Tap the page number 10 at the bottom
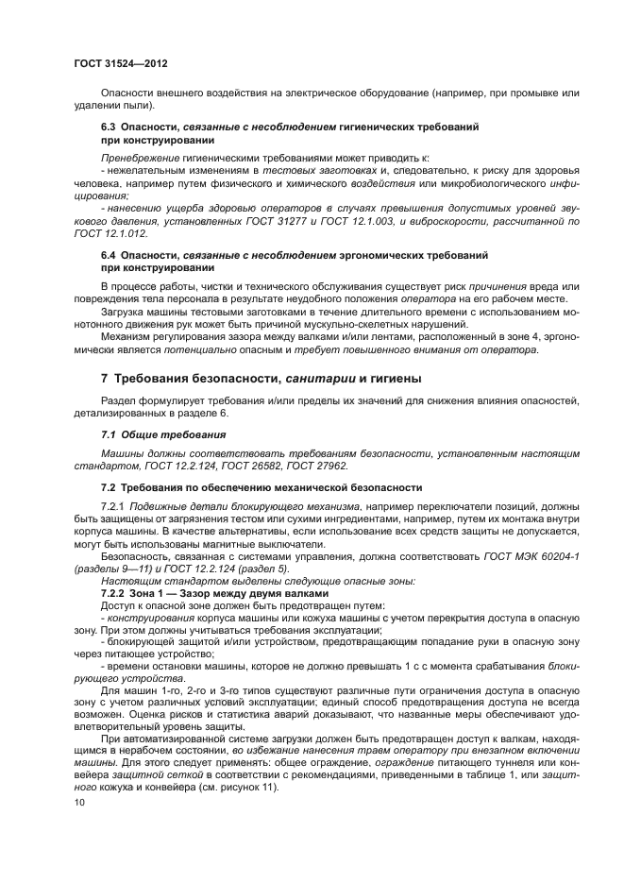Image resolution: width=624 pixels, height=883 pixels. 79,802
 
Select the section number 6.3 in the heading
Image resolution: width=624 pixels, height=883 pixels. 108,126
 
